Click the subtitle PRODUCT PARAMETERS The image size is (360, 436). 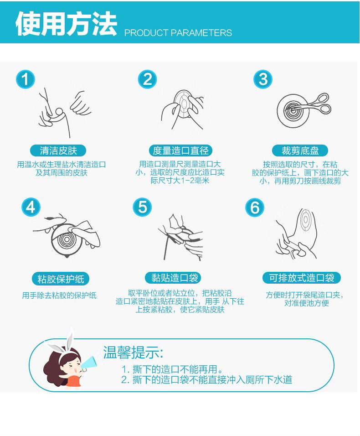(x=178, y=33)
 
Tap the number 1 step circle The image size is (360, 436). (x=25, y=79)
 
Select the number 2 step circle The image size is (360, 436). (x=148, y=79)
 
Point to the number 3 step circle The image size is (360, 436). (x=263, y=79)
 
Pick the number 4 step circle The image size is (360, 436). (x=31, y=208)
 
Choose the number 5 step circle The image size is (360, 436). (x=142, y=208)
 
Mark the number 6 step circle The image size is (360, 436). (x=255, y=208)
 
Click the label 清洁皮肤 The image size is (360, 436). (x=58, y=151)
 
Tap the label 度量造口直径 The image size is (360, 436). (x=180, y=151)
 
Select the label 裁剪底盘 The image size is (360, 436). (x=300, y=151)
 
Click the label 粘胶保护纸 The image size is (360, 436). (x=61, y=279)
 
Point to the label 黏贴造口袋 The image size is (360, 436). (x=173, y=278)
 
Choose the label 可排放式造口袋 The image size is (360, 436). (x=301, y=278)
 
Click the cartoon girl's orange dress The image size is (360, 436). (x=73, y=381)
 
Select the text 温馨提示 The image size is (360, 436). (x=133, y=353)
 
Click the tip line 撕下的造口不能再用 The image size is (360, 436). (x=172, y=369)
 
